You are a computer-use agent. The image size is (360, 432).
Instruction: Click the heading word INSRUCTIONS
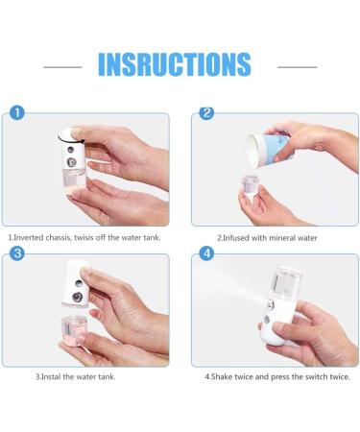[x=175, y=64]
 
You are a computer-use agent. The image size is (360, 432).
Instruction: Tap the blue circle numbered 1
[x=17, y=113]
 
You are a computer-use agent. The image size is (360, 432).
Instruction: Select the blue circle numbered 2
[x=206, y=113]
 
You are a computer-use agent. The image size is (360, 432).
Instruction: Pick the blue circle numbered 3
[x=17, y=253]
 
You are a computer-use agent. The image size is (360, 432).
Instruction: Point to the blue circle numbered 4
[x=206, y=253]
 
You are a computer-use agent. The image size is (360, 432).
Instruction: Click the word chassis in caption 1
[x=59, y=238]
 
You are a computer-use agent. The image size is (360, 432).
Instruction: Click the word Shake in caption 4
[x=222, y=377]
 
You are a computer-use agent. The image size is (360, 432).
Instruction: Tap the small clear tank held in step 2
[x=250, y=184]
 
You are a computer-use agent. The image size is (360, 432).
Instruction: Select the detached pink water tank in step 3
[x=74, y=329]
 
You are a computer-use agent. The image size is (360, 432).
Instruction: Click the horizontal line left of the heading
[x=62, y=67]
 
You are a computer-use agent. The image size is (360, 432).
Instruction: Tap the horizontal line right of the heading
[x=298, y=67]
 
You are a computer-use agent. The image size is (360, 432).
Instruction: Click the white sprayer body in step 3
[x=77, y=283]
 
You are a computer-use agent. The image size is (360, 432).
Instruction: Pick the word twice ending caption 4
[x=340, y=377]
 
